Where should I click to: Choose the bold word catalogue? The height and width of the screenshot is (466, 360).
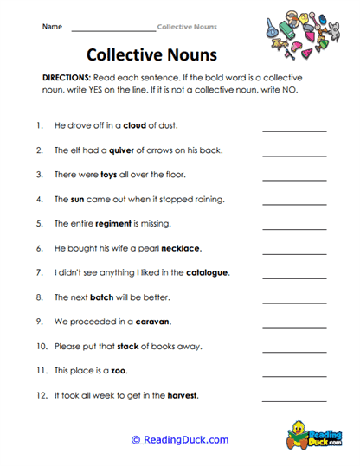pyautogui.click(x=208, y=272)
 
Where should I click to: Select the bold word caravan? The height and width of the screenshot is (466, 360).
pyautogui.click(x=152, y=322)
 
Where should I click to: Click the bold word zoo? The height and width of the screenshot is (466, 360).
pyautogui.click(x=119, y=371)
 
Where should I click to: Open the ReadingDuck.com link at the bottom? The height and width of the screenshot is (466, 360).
pyautogui.click(x=180, y=439)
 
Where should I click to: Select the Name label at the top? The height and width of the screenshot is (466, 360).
pyautogui.click(x=52, y=27)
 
